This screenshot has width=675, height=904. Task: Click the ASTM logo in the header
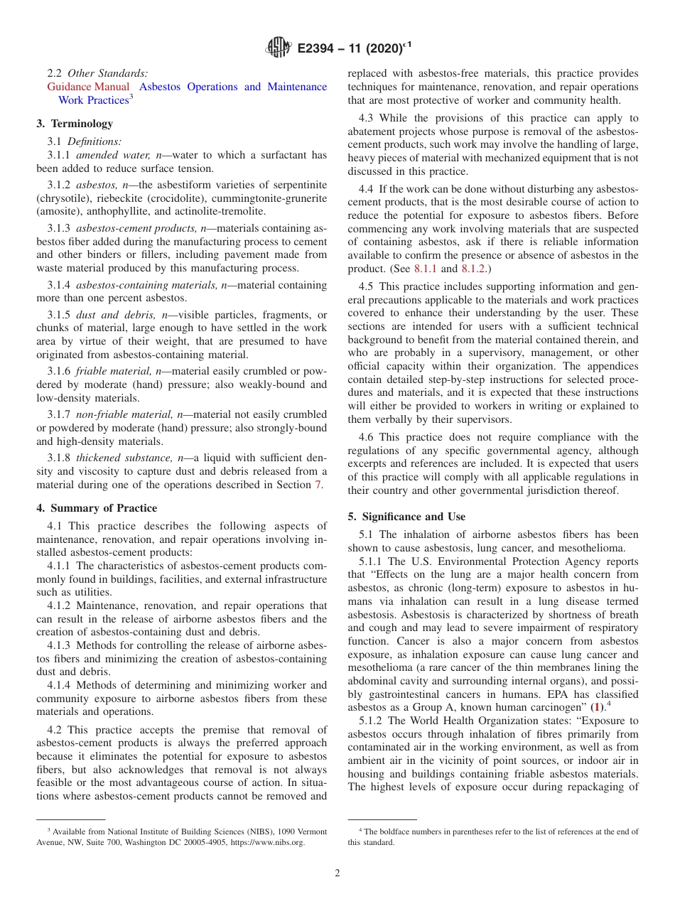[278, 48]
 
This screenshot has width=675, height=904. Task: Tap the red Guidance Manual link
[89, 87]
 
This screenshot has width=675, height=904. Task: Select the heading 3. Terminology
[75, 124]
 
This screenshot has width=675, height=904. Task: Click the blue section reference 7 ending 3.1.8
[318, 485]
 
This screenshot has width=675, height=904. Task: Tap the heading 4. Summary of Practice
[97, 508]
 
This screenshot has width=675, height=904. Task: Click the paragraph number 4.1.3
[60, 645]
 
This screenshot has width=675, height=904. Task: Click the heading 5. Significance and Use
[406, 517]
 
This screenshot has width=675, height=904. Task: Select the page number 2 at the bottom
[337, 873]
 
